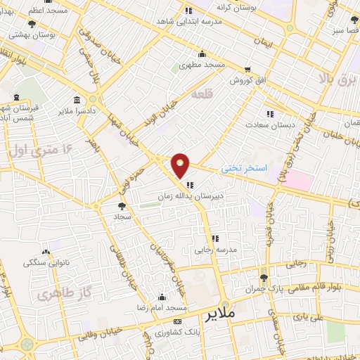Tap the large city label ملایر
(x=219, y=314)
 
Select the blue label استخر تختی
(x=245, y=169)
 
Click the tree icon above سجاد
(x=122, y=206)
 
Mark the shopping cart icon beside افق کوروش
(x=247, y=69)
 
